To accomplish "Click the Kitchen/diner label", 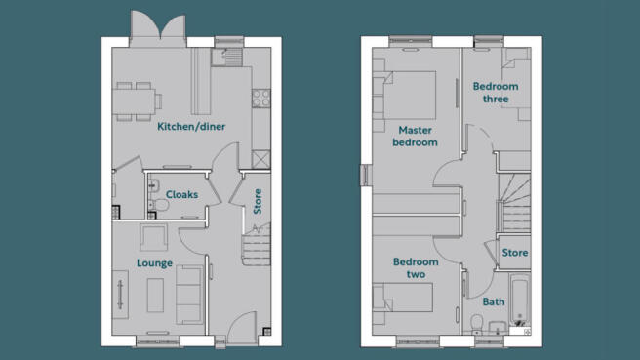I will [192, 127].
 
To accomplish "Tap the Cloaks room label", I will [181, 194].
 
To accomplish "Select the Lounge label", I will [154, 263].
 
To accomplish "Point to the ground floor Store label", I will [258, 201].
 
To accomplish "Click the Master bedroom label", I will [416, 136].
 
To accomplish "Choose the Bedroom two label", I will [416, 268].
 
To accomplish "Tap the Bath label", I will [494, 302].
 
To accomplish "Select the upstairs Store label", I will [514, 253].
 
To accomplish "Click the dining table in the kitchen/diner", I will [133, 98].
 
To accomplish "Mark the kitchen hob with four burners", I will [260, 98].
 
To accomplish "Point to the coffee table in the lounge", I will [156, 295].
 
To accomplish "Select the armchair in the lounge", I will [154, 236].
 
